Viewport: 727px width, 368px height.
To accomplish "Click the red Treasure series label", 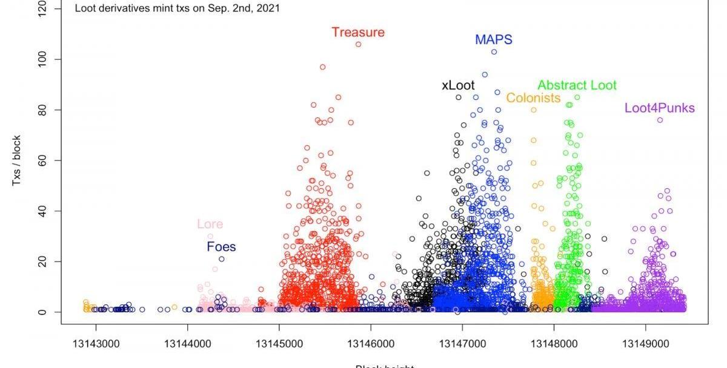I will coord(358,33).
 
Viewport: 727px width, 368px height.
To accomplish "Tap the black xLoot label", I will coord(458,86).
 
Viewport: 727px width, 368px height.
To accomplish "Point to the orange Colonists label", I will coord(533,98).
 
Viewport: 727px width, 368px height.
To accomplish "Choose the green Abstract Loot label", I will coord(577,85).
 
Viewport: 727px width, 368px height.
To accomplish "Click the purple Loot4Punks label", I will coord(660,109).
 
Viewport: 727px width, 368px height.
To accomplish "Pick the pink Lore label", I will coord(210,225).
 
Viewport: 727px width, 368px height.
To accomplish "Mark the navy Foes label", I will coord(221,247).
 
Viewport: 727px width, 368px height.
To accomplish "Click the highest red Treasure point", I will coord(358,44).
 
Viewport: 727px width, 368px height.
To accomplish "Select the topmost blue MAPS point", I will coord(494,52).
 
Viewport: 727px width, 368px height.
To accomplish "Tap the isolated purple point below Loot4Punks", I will coord(660,120).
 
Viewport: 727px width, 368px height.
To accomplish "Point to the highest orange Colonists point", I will coord(534,110).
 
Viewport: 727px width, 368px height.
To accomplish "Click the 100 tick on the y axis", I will coord(41,59).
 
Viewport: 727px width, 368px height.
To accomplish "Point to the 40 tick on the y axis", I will coord(41,211).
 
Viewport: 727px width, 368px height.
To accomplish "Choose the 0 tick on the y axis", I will coord(41,312).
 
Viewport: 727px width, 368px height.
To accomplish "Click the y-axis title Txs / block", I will coord(18,160).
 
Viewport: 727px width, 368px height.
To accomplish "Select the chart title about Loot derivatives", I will coord(177,9).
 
